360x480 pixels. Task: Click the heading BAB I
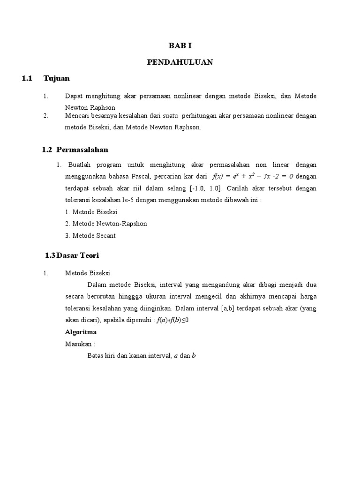click(180, 46)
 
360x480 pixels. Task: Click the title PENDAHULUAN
click(180, 62)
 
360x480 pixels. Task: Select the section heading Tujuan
click(56, 78)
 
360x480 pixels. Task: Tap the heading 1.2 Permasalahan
click(75, 150)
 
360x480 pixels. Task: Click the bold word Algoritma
click(81, 332)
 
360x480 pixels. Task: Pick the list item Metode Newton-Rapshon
click(106, 224)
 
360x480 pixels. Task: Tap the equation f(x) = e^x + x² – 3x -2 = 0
click(253, 177)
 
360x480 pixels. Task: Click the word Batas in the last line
click(96, 356)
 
